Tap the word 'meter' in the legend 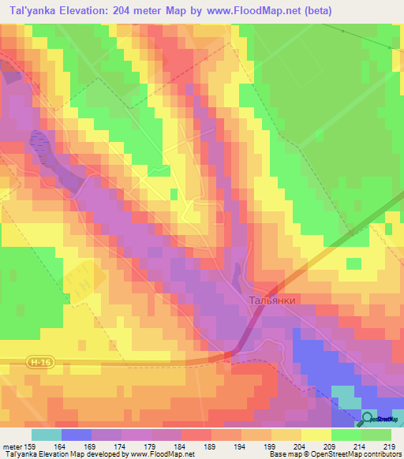pos(13,446)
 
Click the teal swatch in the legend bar pos(47,435)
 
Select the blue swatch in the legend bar pos(77,435)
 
